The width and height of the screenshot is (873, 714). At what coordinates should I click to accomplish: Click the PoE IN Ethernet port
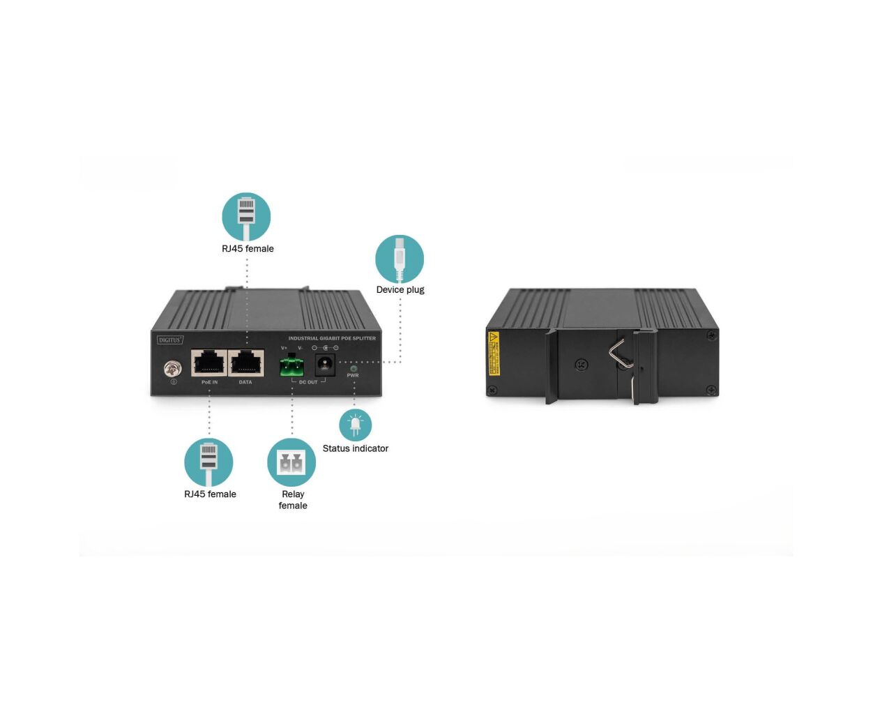(208, 363)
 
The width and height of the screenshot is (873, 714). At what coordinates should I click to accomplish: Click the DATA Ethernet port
(246, 363)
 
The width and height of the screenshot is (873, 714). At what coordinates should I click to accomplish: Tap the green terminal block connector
(292, 365)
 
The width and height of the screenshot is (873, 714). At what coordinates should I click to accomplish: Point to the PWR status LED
(354, 368)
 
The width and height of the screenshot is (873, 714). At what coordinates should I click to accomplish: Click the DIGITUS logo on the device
(170, 340)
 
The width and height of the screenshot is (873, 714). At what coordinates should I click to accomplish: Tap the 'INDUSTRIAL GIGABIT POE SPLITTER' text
(332, 338)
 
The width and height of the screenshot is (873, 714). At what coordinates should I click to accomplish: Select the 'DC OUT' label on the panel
(308, 382)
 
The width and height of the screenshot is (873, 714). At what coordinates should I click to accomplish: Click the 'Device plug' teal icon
(400, 259)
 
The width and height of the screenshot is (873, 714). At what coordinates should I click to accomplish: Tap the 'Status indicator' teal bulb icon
(355, 425)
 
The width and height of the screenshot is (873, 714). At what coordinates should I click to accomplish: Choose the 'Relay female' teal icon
(291, 462)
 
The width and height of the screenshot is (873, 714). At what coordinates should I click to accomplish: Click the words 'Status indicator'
(355, 448)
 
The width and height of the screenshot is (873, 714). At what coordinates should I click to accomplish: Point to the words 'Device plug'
(400, 289)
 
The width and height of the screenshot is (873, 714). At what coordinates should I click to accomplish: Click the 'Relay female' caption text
(293, 499)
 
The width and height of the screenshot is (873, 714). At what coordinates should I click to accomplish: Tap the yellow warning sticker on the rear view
(494, 353)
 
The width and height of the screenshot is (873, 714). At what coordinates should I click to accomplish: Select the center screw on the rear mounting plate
(582, 364)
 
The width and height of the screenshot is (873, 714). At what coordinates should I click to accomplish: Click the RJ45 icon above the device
(246, 217)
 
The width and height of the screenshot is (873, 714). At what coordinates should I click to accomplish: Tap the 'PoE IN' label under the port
(209, 382)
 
